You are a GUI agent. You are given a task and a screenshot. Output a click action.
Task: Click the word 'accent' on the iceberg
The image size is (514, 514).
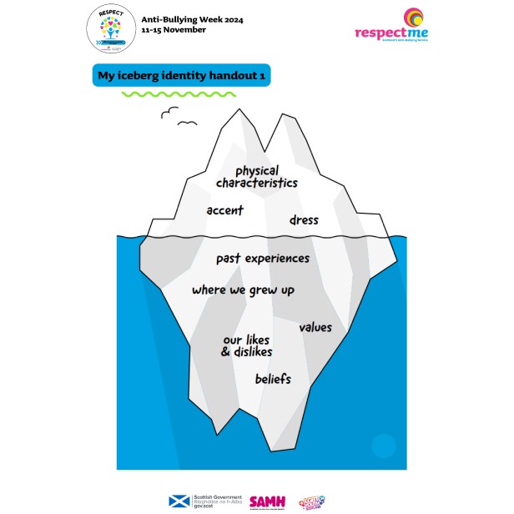224,210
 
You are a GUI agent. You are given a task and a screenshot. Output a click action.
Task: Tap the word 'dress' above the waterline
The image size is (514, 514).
304,220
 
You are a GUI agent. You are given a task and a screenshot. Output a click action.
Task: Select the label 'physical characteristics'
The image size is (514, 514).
256,177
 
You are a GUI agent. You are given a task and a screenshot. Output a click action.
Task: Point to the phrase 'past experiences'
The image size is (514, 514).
262,259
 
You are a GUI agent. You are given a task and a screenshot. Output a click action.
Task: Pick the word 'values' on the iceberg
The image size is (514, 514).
315,327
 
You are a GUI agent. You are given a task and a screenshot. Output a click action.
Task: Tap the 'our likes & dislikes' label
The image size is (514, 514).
247,345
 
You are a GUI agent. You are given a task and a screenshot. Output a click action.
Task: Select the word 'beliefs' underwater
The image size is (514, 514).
273,380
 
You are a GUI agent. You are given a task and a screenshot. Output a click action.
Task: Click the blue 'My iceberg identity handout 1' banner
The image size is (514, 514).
180,75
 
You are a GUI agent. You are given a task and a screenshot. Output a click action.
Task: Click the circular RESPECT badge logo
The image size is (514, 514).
111,30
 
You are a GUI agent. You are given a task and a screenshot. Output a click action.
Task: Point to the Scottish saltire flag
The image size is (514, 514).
178,501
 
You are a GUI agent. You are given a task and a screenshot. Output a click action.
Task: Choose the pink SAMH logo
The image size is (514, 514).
267,501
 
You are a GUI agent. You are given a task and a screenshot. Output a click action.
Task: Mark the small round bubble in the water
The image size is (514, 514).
383,446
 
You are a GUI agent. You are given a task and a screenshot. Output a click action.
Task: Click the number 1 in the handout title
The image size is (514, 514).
260,75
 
